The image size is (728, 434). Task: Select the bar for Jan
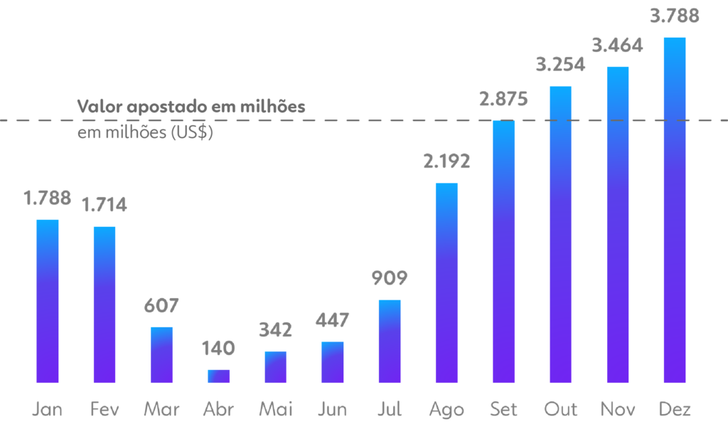48,301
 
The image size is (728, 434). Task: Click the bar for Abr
218,376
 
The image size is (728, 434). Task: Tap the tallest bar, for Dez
674,210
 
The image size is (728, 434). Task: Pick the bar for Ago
446,283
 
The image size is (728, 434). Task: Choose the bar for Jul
389,342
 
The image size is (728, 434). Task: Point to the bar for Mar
161,355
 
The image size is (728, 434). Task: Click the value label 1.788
48,199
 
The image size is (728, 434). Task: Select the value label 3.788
674,16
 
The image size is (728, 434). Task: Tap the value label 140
218,349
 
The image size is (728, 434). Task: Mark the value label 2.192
446,162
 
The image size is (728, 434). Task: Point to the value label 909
389,277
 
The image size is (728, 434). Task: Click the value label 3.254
560,65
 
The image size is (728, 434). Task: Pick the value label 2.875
503,99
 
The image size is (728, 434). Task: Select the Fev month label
105,409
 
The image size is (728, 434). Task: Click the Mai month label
275,409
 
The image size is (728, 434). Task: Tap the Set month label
503,409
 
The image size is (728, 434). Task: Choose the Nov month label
617,409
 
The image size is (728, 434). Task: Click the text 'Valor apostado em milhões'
191,107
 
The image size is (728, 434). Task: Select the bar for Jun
332,362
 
